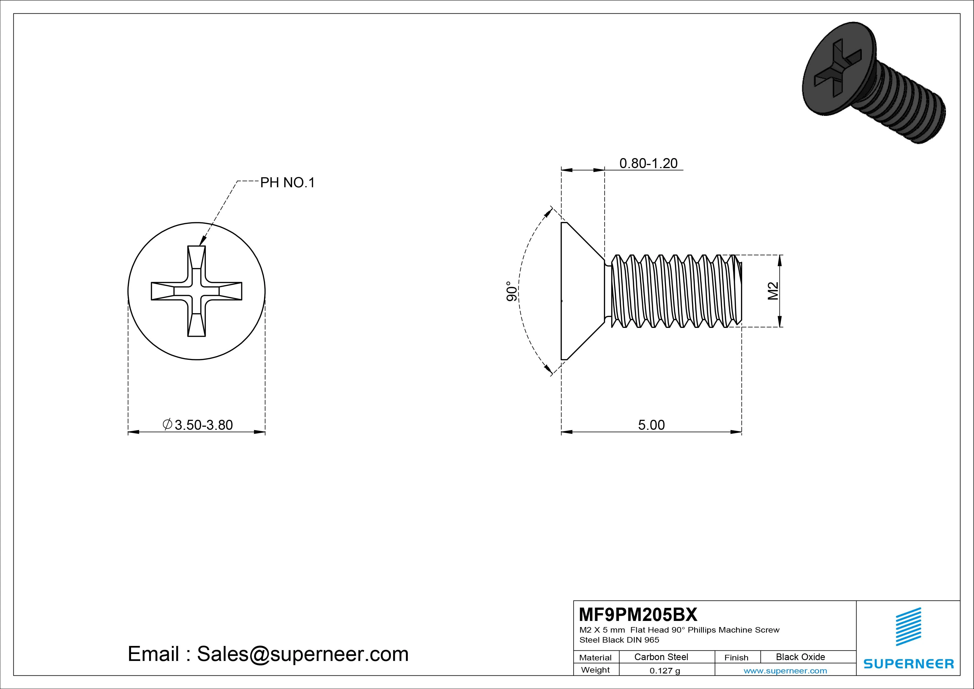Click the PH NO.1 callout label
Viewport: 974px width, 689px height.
click(x=287, y=183)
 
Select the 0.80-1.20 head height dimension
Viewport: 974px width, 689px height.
click(x=648, y=163)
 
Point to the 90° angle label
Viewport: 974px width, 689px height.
click(x=512, y=291)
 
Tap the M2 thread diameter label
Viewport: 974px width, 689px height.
click(x=773, y=291)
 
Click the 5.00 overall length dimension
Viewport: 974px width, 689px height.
click(x=651, y=425)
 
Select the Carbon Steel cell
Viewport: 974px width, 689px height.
click(x=661, y=657)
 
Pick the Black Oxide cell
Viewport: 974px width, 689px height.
click(x=800, y=657)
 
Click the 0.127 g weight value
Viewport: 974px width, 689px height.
click(x=665, y=671)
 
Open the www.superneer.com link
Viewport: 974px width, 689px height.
click(x=785, y=671)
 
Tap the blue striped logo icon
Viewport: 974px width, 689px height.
click(x=908, y=626)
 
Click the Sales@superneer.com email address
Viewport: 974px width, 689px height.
click(x=302, y=654)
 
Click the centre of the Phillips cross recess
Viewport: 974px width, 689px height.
click(x=196, y=291)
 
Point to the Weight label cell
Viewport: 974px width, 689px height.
click(x=595, y=670)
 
